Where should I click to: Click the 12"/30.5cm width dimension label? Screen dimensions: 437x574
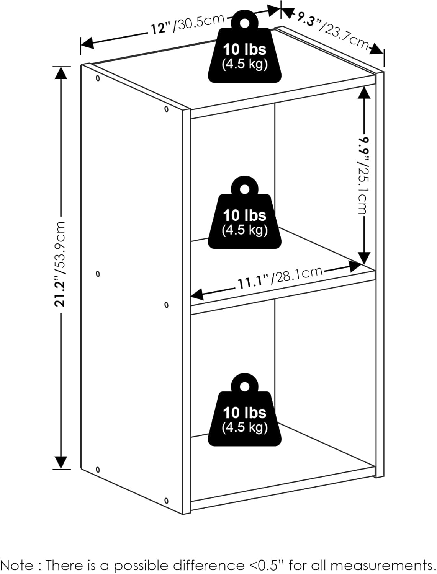tap(188, 24)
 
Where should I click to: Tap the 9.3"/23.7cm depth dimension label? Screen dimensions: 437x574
tap(332, 31)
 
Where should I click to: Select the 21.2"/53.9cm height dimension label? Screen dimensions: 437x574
tap(60, 264)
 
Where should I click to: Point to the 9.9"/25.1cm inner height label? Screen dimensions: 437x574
tap(364, 175)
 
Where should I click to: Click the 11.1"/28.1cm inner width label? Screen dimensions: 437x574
tap(280, 277)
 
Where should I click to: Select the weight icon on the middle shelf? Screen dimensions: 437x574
tap(244, 212)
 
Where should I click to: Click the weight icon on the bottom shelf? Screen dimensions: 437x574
tap(244, 410)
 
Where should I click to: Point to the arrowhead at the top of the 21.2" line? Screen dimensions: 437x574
tap(61, 73)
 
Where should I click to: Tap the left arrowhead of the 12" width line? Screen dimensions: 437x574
tap(87, 42)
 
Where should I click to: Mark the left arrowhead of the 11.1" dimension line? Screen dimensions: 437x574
tap(197, 294)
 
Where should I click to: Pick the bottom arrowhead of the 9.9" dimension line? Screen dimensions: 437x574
tap(364, 258)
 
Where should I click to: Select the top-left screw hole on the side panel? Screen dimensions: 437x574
tap(98, 78)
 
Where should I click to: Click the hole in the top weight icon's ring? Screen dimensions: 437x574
tap(245, 23)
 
